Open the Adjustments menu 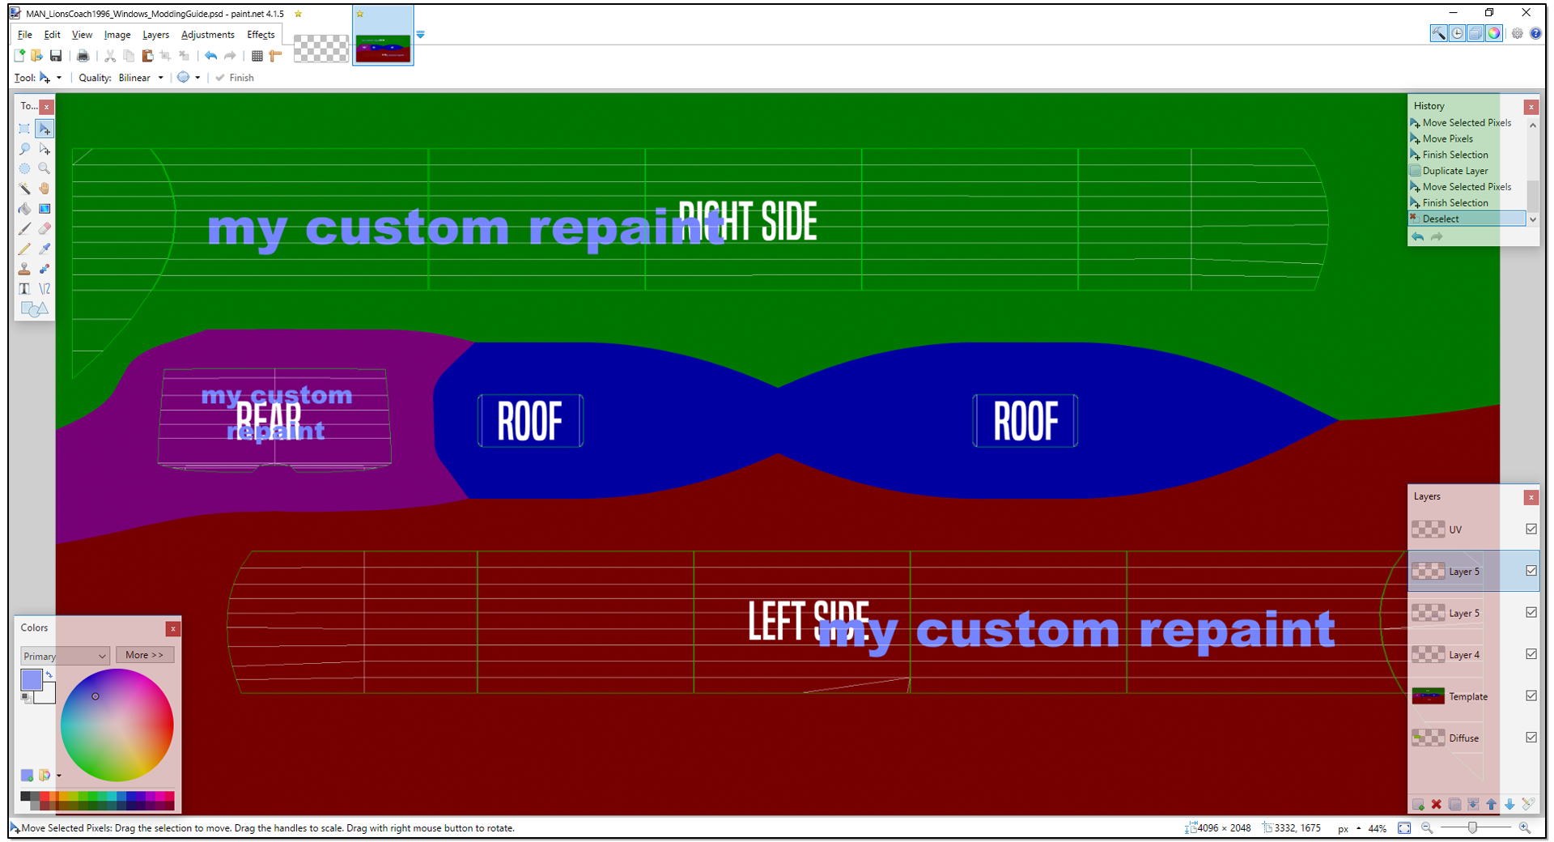(207, 35)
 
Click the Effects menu (261, 35)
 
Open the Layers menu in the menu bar (155, 35)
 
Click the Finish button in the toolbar (236, 78)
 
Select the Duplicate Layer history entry (1454, 171)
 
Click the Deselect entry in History (1441, 219)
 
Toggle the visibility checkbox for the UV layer (1531, 529)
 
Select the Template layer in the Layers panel (1467, 696)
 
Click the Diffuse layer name (1463, 738)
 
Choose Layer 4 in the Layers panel (1463, 655)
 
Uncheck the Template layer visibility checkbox (1531, 695)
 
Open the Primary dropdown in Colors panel (65, 656)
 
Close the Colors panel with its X (172, 628)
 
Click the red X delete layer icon (1436, 804)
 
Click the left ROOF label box (530, 421)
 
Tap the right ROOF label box (1025, 421)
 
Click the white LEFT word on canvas (775, 622)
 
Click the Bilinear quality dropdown (141, 78)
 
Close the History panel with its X (1531, 107)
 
